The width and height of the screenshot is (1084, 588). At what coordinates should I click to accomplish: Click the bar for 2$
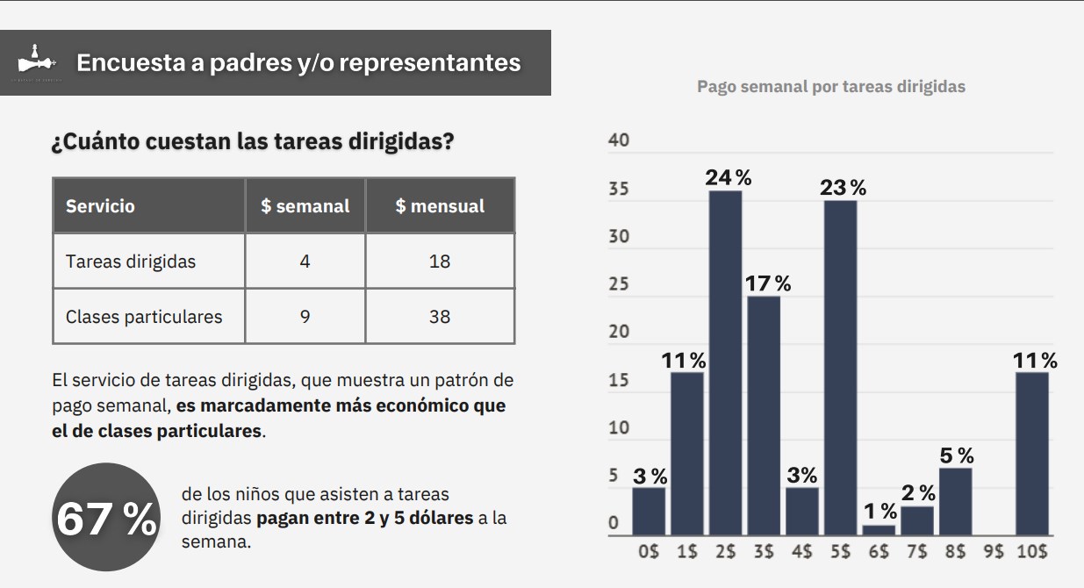[725, 362]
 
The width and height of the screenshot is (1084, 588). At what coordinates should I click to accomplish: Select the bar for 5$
[840, 368]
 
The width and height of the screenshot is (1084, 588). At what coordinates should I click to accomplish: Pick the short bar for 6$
[879, 530]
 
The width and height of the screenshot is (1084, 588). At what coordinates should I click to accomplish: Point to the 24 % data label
[729, 177]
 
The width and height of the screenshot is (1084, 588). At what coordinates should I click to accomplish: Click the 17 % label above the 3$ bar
[768, 283]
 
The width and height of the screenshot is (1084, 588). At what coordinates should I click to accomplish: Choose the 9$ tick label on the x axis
[993, 552]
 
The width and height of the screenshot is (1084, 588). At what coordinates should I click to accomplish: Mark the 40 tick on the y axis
[618, 141]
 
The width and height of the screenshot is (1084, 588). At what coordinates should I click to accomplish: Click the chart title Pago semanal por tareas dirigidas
[830, 86]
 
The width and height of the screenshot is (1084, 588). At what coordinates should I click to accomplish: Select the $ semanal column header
[305, 206]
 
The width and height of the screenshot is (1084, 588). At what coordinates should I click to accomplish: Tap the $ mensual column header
[440, 206]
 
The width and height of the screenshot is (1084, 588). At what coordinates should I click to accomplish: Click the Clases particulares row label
[144, 316]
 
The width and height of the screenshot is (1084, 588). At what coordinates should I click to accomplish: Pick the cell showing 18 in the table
[440, 262]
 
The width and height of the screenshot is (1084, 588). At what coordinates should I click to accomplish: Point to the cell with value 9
[305, 316]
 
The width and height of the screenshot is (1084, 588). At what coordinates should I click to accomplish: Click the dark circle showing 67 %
[106, 518]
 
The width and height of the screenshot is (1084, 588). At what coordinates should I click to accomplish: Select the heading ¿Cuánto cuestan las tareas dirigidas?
[253, 141]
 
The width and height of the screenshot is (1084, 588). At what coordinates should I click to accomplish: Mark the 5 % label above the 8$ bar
[956, 455]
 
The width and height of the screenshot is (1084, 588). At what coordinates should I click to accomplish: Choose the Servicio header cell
[101, 206]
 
